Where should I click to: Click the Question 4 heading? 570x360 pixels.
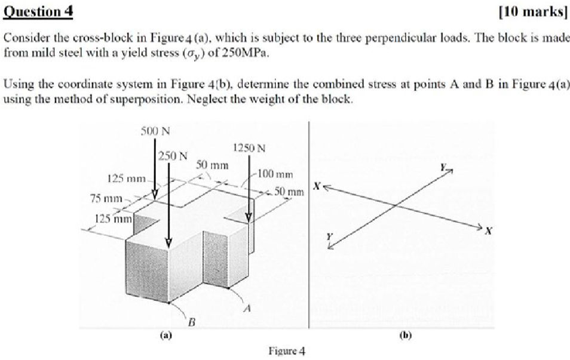[x=38, y=11]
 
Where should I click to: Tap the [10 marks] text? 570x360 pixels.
[x=534, y=11]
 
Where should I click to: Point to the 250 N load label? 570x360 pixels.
[x=173, y=156]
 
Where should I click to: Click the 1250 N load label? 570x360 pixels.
[x=249, y=148]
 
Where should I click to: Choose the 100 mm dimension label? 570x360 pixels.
[x=275, y=174]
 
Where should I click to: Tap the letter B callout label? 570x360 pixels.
[x=192, y=322]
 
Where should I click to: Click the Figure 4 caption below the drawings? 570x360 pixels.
[x=287, y=351]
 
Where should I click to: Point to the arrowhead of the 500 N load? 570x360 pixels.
[x=155, y=195]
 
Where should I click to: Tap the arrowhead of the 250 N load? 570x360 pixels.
[x=168, y=242]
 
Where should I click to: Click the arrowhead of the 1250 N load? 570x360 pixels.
[x=249, y=217]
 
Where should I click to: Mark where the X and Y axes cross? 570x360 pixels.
[x=396, y=207]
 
